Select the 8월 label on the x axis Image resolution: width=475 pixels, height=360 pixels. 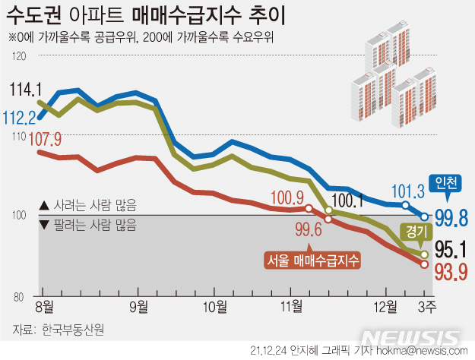45,307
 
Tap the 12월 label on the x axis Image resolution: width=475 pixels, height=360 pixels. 385,307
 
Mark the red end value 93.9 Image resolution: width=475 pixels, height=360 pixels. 451,270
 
